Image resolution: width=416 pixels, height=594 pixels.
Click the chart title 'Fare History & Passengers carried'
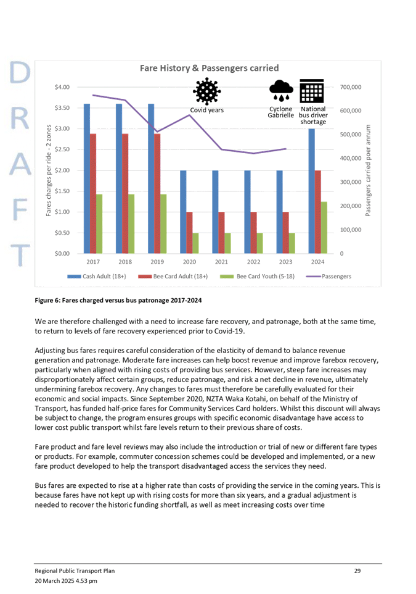210,68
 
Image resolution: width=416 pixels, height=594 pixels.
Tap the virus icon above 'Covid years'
206,91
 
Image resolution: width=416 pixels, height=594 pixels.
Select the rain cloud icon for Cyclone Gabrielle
281,90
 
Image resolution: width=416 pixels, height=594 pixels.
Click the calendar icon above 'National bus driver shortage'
311,91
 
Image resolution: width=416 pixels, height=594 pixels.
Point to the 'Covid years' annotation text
206,110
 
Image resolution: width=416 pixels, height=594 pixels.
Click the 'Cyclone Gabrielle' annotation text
280,113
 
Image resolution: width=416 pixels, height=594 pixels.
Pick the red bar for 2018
125,193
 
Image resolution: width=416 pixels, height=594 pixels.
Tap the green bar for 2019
163,223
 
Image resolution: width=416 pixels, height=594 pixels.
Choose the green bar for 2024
324,227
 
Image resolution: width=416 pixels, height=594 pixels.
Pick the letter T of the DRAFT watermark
19,253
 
